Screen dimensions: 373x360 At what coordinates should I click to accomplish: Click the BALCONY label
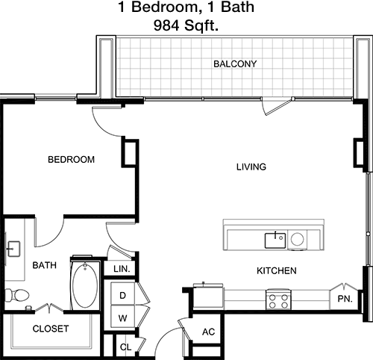[235, 64]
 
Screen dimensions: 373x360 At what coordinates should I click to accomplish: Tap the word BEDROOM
[71, 159]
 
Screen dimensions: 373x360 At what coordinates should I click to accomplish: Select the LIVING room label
[251, 167]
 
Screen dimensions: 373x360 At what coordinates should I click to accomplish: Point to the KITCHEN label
[277, 270]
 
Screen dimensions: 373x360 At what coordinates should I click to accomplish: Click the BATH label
[45, 265]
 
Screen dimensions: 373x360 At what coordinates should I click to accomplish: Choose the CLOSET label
[51, 329]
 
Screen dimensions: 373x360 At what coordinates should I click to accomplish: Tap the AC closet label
[208, 332]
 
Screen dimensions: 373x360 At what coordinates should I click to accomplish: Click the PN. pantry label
[345, 299]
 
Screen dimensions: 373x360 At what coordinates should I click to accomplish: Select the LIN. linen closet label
[122, 269]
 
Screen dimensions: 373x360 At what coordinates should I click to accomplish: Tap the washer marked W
[122, 317]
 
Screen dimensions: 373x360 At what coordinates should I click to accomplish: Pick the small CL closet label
[125, 347]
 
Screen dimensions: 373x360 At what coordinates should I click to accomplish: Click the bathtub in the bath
[85, 285]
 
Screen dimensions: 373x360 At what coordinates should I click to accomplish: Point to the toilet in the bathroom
[17, 295]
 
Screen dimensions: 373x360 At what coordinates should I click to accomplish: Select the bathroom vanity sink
[13, 249]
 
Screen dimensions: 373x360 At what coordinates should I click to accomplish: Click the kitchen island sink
[275, 240]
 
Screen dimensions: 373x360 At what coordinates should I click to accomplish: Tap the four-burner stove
[278, 300]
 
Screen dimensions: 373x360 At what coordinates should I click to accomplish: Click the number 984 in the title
[166, 25]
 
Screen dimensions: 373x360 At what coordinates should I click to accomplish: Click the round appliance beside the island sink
[297, 239]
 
